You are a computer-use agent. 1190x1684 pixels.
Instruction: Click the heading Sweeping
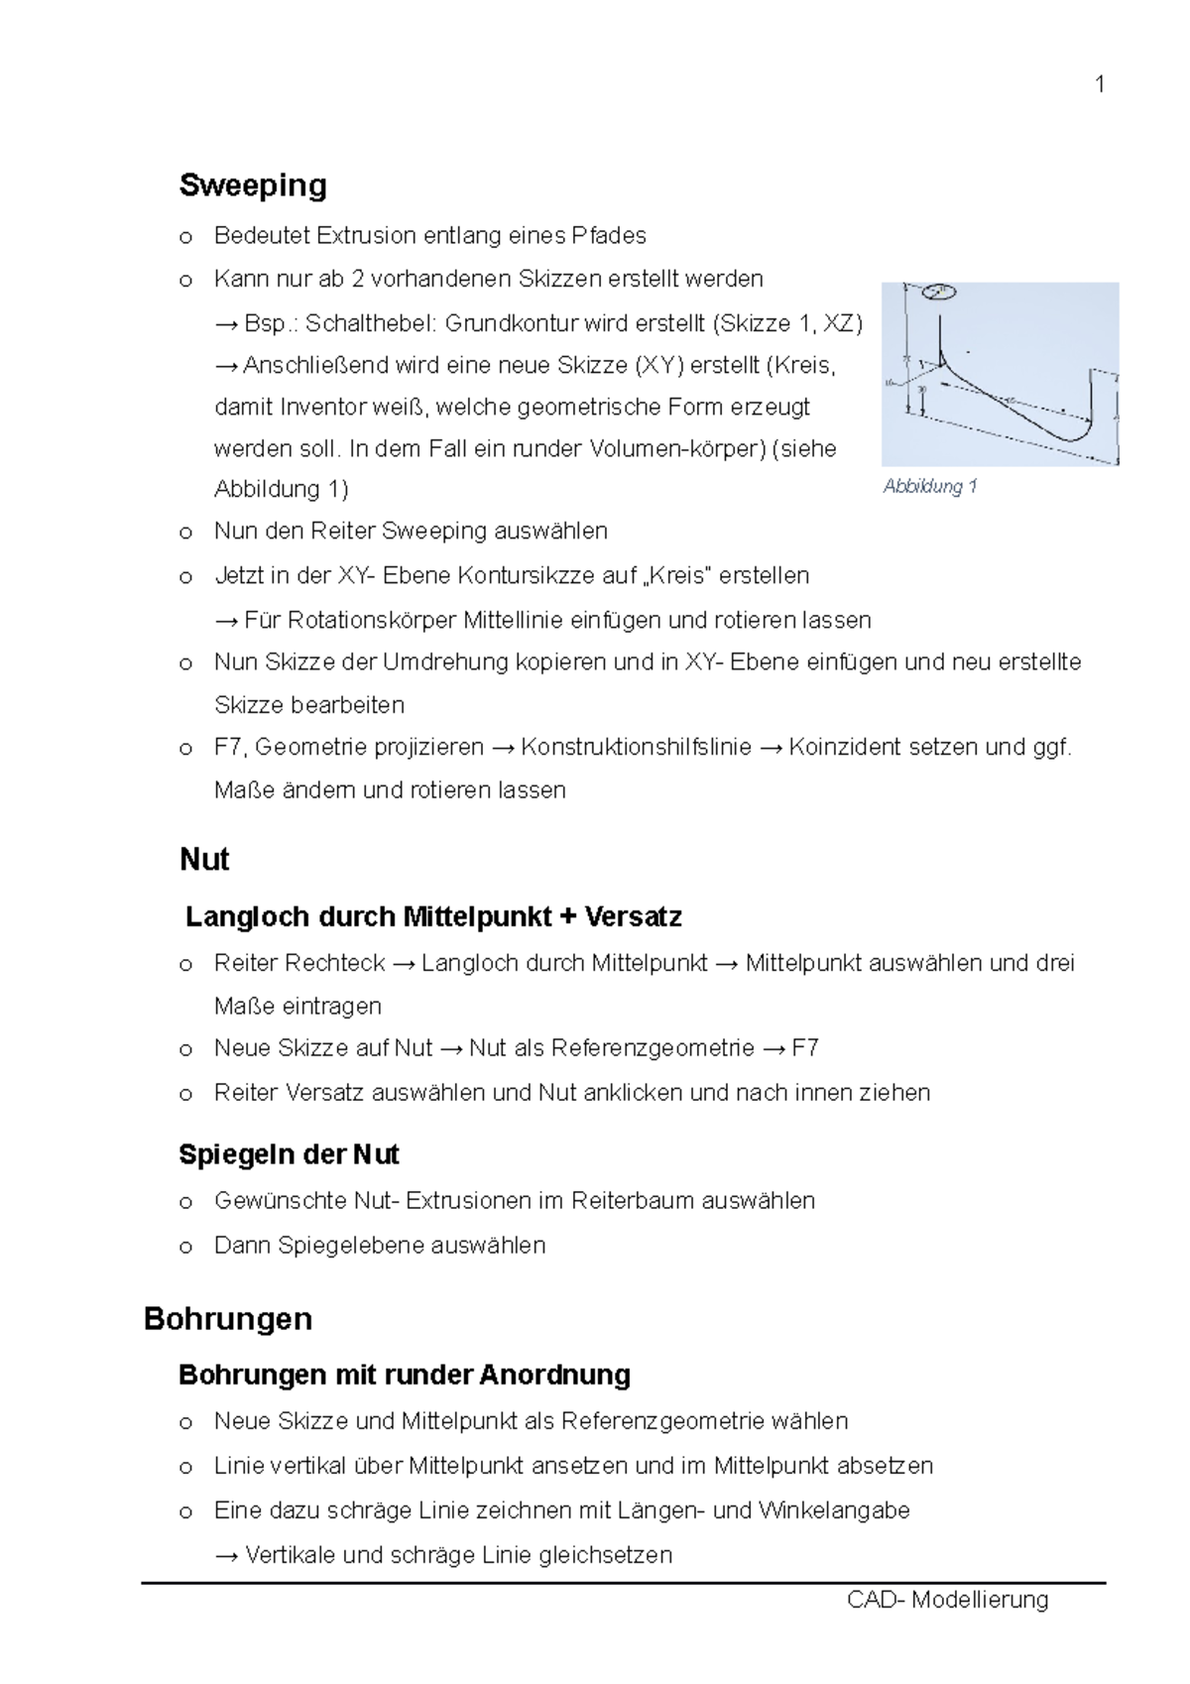(x=253, y=185)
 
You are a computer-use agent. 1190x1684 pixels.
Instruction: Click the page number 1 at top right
(x=1099, y=84)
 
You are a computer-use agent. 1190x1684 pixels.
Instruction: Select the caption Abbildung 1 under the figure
(x=930, y=486)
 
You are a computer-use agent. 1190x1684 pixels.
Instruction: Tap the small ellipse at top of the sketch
(x=938, y=292)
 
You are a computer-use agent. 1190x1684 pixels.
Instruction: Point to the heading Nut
(x=204, y=859)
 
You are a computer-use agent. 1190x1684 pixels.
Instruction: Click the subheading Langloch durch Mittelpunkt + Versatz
(x=433, y=916)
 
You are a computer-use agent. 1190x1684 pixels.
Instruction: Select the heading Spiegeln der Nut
(x=289, y=1154)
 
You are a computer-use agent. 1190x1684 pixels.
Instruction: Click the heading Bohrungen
(x=228, y=1319)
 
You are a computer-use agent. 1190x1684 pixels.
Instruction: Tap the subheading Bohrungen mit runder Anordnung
(x=405, y=1375)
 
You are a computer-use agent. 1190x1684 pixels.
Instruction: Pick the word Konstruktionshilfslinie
(x=636, y=747)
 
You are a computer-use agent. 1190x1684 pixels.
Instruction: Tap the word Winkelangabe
(x=834, y=1510)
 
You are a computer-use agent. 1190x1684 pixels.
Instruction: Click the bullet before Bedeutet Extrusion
(x=185, y=237)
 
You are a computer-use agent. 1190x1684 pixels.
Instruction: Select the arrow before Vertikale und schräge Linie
(x=226, y=1556)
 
